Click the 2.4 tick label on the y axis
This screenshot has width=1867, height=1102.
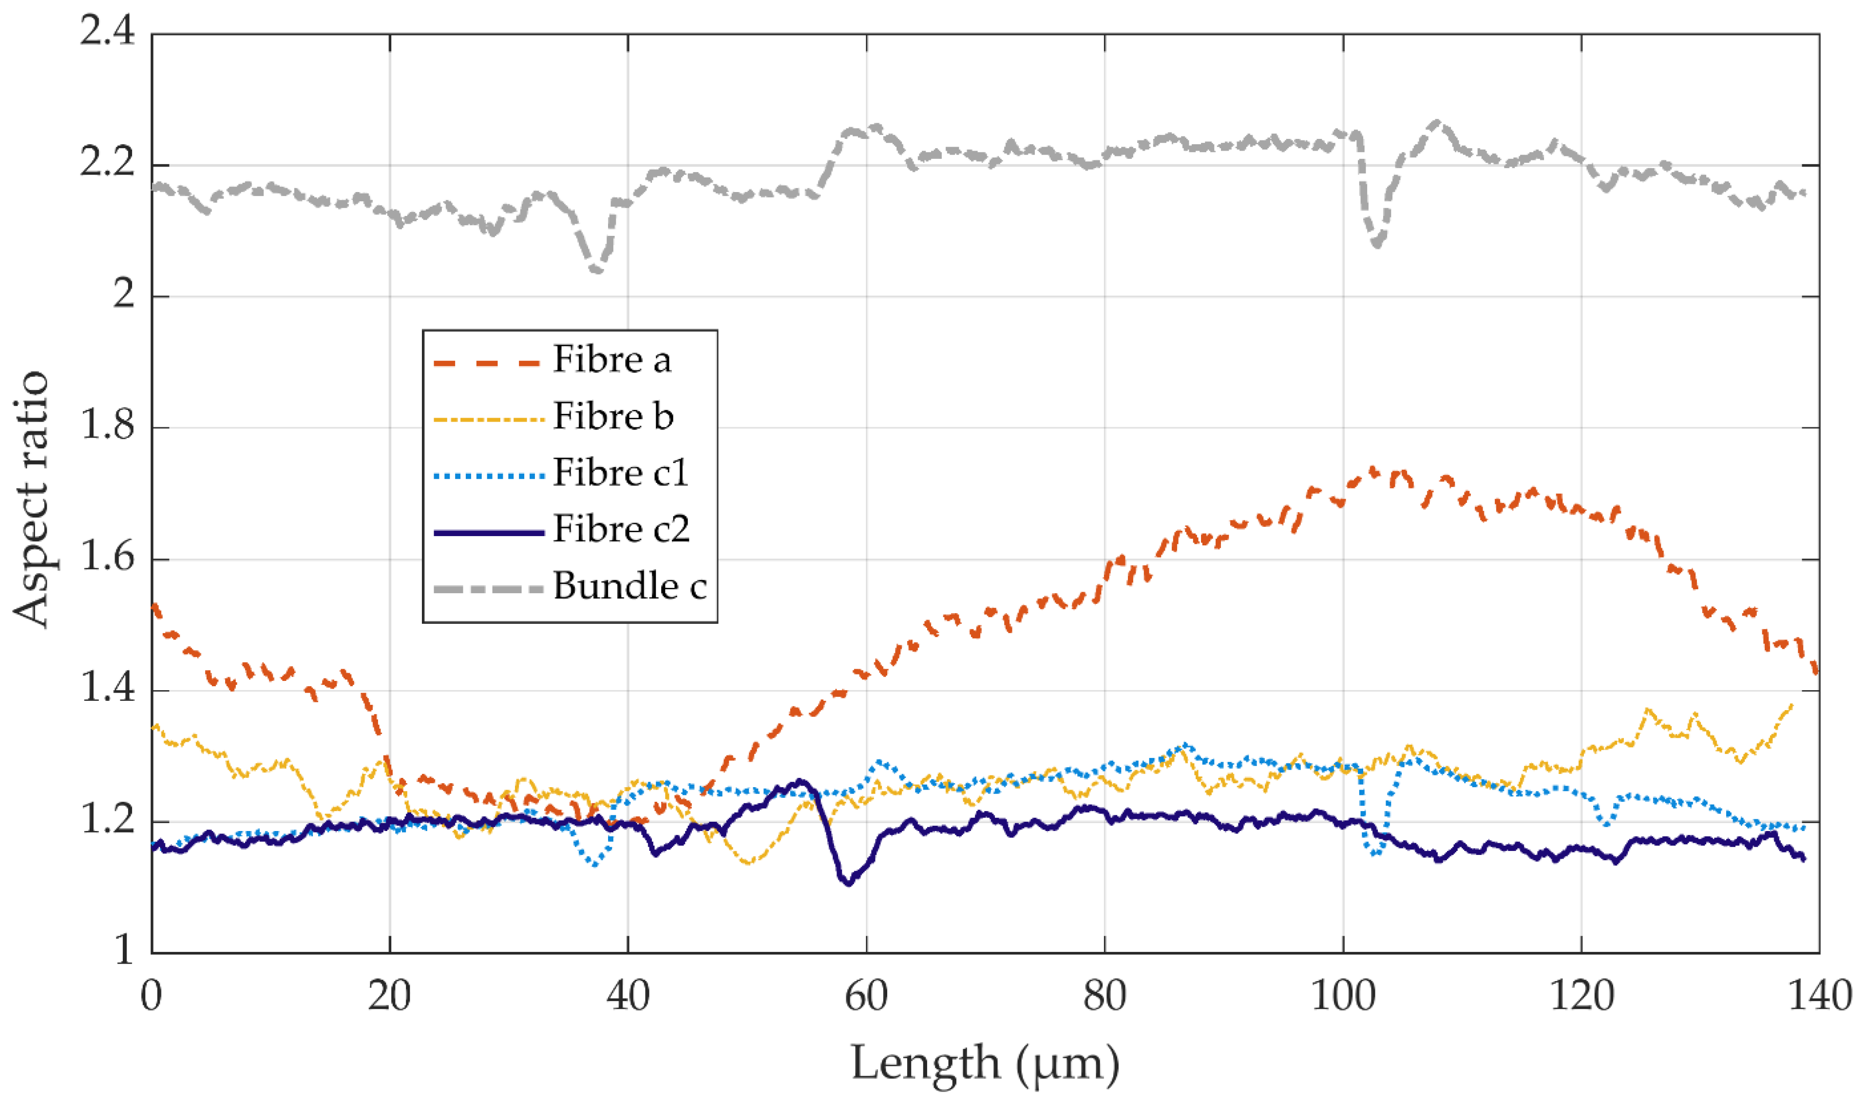pos(108,34)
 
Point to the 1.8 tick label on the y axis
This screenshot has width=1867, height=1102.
pos(108,428)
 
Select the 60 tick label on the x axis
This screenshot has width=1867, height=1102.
pos(866,997)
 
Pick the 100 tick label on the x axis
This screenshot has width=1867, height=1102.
pos(1342,997)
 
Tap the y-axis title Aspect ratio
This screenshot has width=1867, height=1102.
pos(31,499)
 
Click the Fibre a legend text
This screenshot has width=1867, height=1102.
pos(611,360)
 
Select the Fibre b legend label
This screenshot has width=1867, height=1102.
pos(613,417)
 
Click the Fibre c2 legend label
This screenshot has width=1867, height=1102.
pos(621,529)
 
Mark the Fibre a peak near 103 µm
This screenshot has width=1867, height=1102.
pos(1372,470)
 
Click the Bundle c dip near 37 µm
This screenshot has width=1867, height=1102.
pos(596,271)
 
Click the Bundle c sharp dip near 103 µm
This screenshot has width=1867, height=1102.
pos(1377,244)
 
